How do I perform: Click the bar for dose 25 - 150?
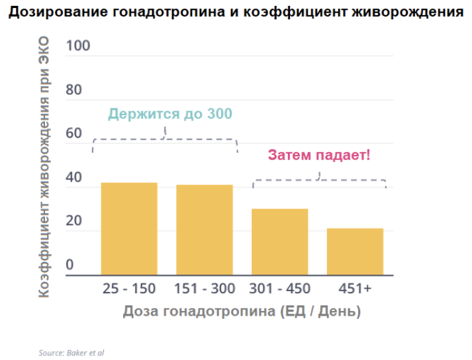[x=129, y=228]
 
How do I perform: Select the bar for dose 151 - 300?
[x=205, y=230]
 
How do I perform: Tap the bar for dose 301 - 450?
[x=279, y=242]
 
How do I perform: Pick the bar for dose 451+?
[x=355, y=251]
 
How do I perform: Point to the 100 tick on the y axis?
[x=78, y=46]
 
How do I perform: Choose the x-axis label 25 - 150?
[x=129, y=289]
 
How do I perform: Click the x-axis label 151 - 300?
[x=205, y=289]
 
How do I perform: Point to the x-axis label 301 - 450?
[x=279, y=289]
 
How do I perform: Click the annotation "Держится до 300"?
[x=170, y=114]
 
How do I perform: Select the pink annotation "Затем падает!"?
[x=319, y=156]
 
